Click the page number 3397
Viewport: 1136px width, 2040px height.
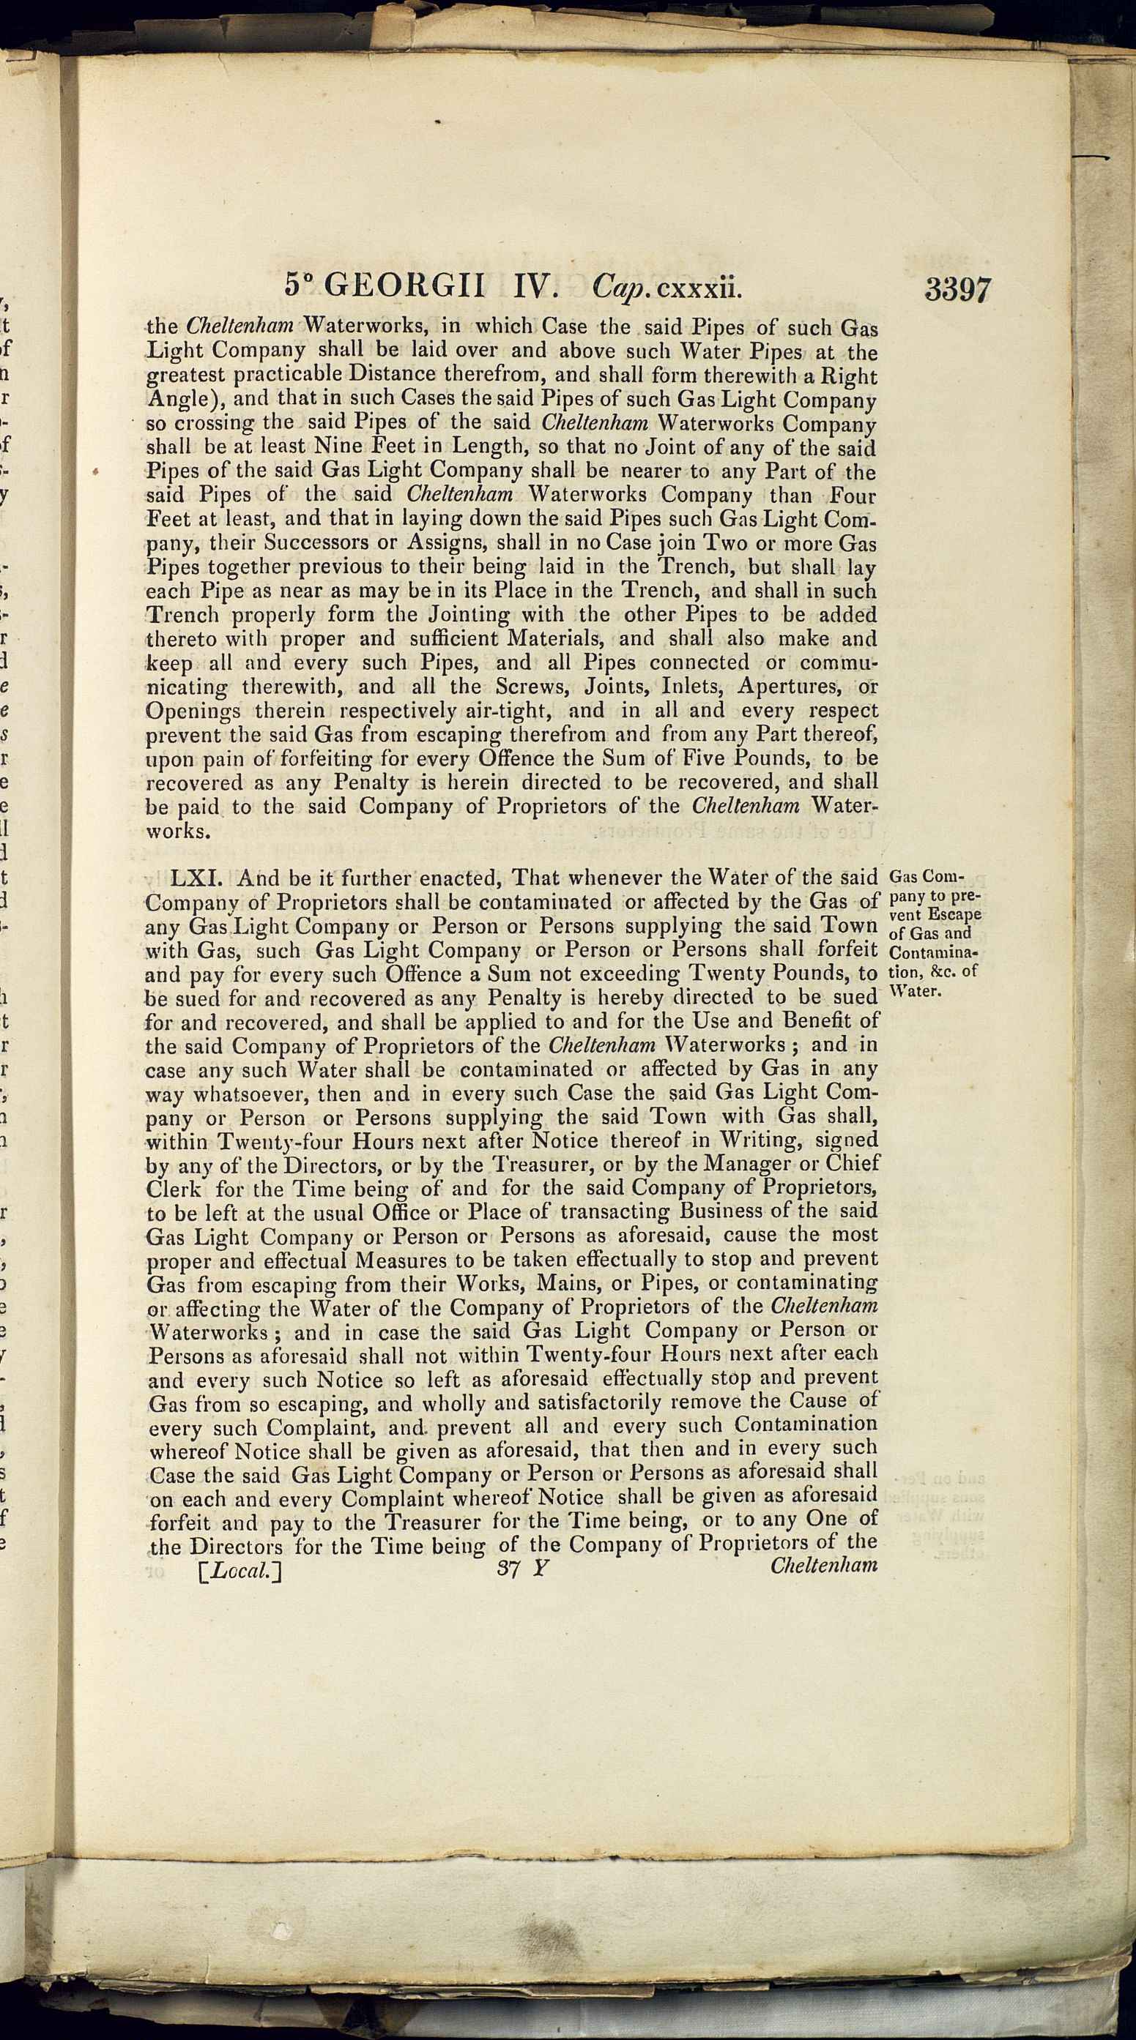pos(956,290)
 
